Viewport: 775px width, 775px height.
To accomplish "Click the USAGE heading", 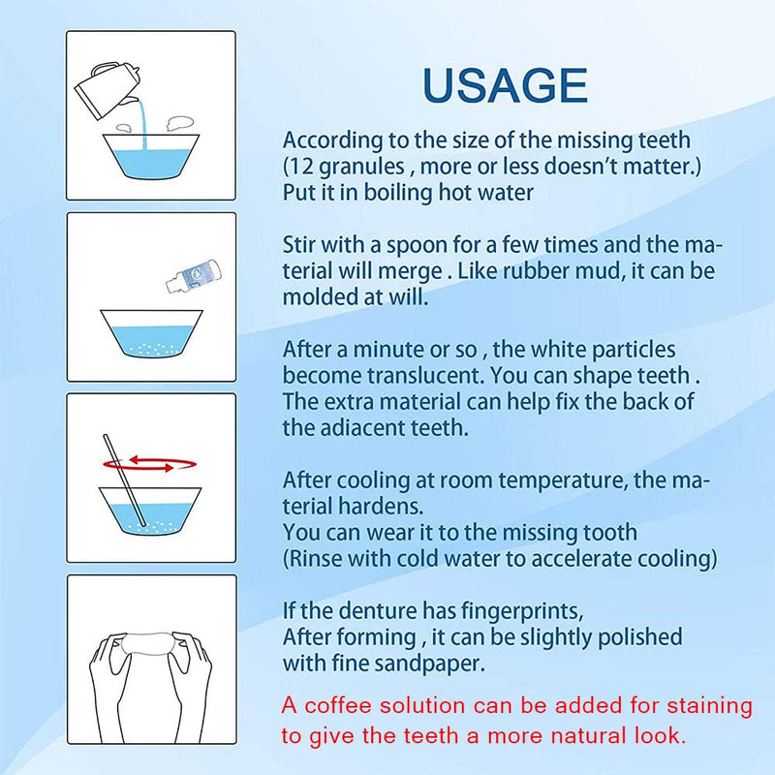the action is pyautogui.click(x=505, y=85).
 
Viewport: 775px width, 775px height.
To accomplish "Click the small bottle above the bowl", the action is pyautogui.click(x=193, y=276).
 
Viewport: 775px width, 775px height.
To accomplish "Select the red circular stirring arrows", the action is pyautogui.click(x=149, y=464).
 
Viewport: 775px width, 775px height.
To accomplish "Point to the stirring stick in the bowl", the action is pyautogui.click(x=125, y=480).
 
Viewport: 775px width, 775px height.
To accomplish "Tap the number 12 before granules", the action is pyautogui.click(x=301, y=166).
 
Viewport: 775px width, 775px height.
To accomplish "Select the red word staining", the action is pyautogui.click(x=709, y=707).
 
